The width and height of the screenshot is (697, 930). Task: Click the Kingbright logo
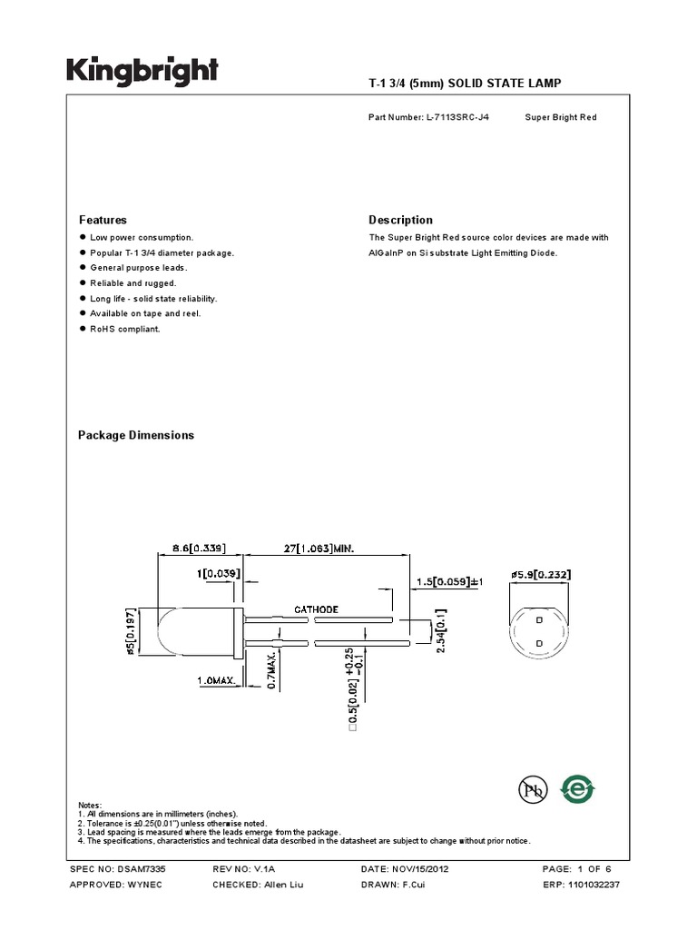(141, 73)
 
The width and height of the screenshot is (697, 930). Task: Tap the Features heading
(103, 220)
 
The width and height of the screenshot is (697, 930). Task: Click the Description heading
(400, 220)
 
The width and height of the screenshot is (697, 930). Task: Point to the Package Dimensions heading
(136, 435)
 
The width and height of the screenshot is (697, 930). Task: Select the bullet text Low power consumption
(142, 237)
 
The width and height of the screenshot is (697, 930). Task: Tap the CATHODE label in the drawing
(316, 609)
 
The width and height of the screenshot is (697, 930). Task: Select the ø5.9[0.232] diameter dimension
(541, 574)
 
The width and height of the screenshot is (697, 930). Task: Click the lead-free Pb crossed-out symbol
(533, 791)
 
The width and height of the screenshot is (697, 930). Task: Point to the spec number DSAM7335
(141, 869)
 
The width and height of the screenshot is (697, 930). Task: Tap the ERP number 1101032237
(595, 885)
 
